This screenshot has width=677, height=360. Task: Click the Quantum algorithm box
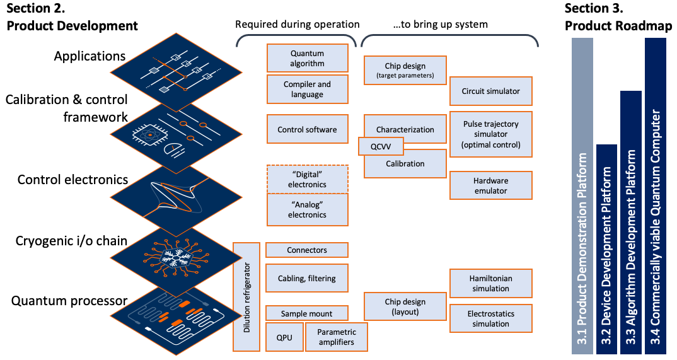(308, 58)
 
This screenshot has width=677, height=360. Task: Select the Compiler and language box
(308, 90)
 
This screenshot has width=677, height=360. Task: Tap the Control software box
(308, 129)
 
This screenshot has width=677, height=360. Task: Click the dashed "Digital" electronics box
(308, 179)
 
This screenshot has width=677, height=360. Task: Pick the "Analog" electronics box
(308, 209)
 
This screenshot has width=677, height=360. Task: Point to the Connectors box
(307, 250)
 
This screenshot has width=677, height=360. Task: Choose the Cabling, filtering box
(307, 279)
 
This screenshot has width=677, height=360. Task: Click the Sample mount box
(307, 313)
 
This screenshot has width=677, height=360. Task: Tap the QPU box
(284, 337)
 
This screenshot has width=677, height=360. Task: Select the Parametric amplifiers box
(337, 337)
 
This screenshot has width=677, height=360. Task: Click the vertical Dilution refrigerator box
(246, 297)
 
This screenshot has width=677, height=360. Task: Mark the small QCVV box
(381, 146)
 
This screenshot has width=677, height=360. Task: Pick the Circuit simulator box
(491, 91)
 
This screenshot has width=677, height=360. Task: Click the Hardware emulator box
(491, 185)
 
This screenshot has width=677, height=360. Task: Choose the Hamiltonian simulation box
(491, 284)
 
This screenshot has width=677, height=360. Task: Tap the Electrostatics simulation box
(491, 318)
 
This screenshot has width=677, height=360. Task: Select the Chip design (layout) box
(405, 306)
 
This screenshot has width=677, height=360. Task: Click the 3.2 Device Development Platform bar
(606, 250)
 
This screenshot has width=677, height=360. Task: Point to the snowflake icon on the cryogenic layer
(176, 258)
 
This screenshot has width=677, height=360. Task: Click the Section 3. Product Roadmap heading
(618, 17)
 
